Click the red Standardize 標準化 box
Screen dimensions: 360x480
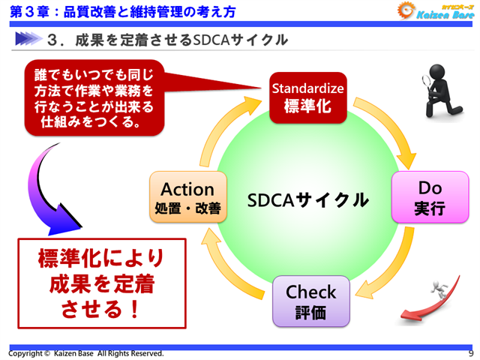(307, 97)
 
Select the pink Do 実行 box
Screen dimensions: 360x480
(418, 197)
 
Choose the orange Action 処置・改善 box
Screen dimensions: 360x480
(187, 197)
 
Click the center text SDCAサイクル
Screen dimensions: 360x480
(307, 199)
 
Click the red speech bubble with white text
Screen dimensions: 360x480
(94, 98)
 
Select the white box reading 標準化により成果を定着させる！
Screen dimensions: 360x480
(101, 283)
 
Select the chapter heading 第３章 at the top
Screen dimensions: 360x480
(30, 10)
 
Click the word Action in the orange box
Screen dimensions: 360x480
(187, 189)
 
